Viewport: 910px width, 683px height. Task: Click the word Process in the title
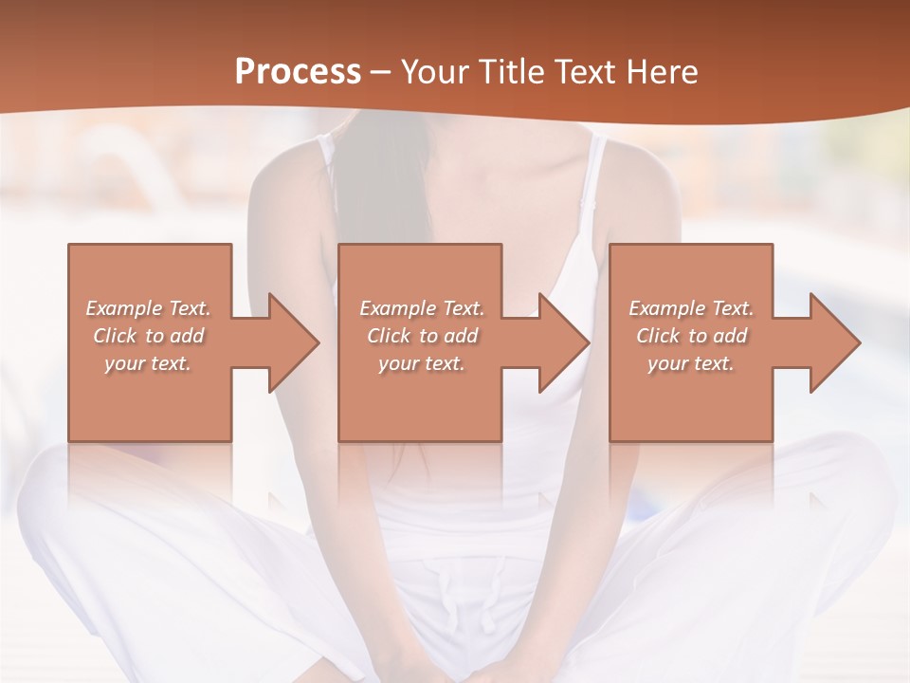point(298,72)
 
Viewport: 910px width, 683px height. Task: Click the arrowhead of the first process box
point(290,342)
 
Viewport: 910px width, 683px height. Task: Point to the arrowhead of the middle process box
point(561,342)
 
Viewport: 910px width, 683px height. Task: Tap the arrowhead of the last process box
point(831,342)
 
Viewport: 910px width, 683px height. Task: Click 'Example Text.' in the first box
point(148,308)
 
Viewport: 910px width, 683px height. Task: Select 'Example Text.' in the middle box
point(422,308)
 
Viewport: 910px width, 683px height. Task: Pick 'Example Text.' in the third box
point(691,308)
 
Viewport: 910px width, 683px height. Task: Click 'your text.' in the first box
point(148,363)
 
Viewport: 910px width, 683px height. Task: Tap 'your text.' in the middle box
point(422,363)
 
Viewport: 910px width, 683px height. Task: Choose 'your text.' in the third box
point(691,363)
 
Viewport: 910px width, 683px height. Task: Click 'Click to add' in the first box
point(148,336)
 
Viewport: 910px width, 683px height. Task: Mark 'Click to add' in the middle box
point(422,336)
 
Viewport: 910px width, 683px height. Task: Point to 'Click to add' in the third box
point(691,336)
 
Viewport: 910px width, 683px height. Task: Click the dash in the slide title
point(381,72)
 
